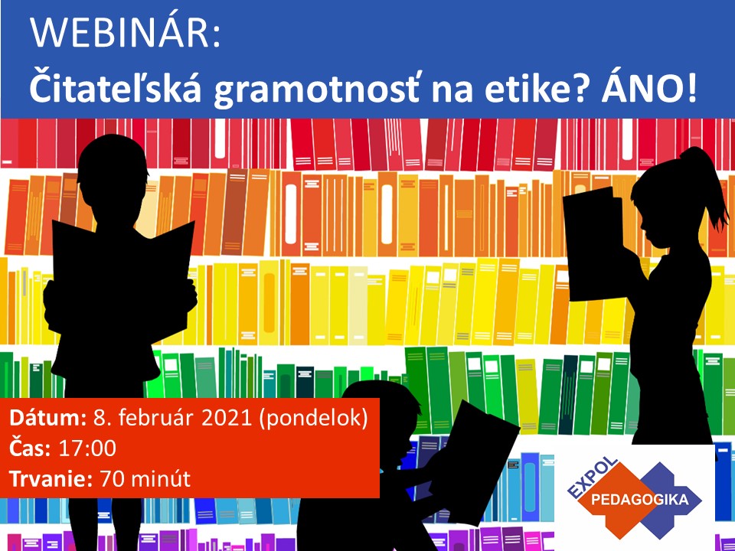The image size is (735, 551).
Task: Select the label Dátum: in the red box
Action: point(47,418)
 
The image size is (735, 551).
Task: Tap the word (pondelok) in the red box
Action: point(313,419)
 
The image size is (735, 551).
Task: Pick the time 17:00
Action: point(87,448)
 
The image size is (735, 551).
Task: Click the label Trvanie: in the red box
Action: point(51,479)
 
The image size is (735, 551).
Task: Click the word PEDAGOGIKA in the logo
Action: point(640,499)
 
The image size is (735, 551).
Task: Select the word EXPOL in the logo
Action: point(593,478)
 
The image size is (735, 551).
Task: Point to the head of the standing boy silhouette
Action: point(113,171)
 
